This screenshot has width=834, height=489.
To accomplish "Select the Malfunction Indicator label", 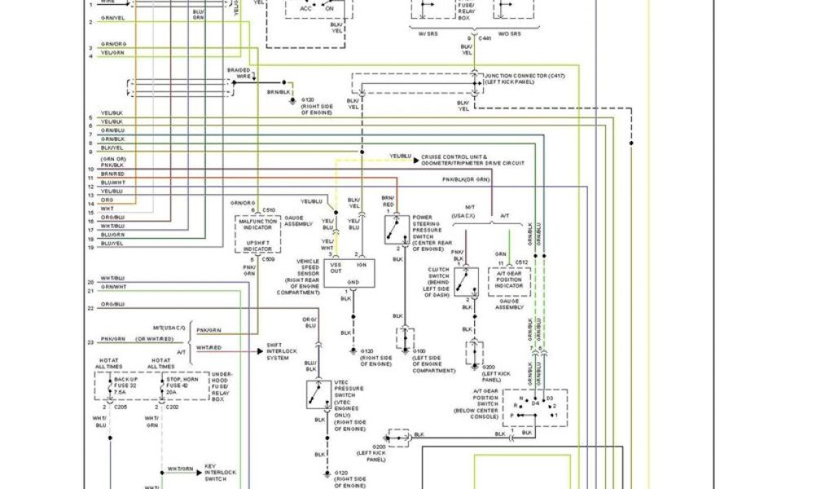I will tap(257, 225).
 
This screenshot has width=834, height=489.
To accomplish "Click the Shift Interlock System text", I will tap(282, 352).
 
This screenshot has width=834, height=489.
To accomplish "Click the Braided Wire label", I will tap(239, 73).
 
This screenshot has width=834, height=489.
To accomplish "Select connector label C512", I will tap(520, 262).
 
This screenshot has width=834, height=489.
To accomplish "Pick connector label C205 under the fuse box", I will tap(122, 405).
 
